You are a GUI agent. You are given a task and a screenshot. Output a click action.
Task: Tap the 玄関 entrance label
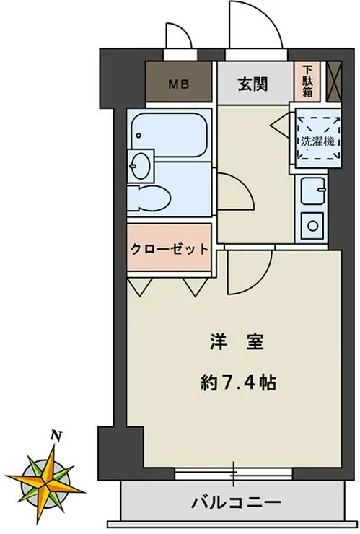tap(253, 84)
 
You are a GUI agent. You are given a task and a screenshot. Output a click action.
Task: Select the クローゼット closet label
tap(170, 249)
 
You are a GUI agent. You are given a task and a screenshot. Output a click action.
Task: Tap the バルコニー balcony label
tap(236, 502)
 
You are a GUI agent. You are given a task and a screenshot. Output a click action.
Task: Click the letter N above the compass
tap(55, 435)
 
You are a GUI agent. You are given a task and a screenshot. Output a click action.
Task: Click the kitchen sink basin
tap(313, 193)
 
